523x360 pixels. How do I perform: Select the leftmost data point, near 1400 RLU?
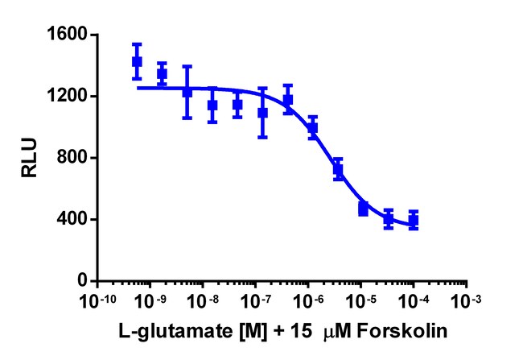click(x=137, y=61)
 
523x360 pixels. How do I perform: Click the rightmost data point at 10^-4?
click(x=414, y=220)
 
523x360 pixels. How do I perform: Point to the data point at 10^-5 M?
click(x=363, y=209)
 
